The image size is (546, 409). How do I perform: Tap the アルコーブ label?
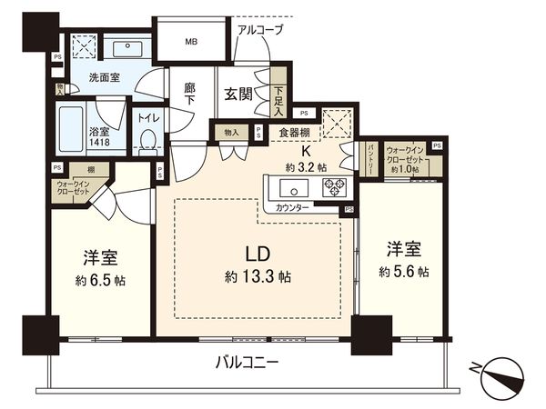coord(259,30)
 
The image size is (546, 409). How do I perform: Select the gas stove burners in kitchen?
coord(334,189)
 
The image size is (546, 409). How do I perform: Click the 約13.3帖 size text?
coord(258,276)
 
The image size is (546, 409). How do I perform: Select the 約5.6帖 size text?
coord(405,271)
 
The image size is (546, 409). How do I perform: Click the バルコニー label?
coord(247,362)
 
